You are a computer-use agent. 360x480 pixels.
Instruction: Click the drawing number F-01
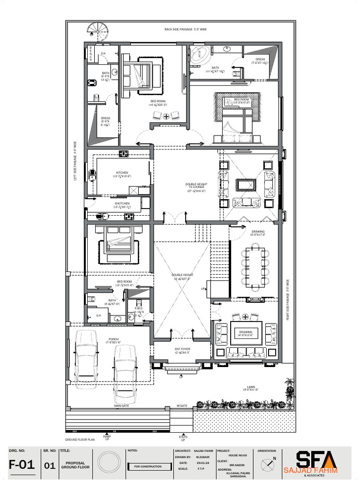coord(22,465)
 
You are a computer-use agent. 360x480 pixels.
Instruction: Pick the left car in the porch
coord(87,355)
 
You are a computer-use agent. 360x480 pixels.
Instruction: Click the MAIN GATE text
coord(121,406)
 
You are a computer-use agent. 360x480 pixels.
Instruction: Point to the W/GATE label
coord(182,406)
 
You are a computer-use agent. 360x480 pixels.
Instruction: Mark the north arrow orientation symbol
coord(269,463)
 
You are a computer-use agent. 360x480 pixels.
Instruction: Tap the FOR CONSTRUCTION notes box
coord(148,466)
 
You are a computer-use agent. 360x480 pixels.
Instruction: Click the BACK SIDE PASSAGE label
coord(186,30)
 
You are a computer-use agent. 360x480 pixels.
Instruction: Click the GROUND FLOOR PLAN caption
coord(80,440)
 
